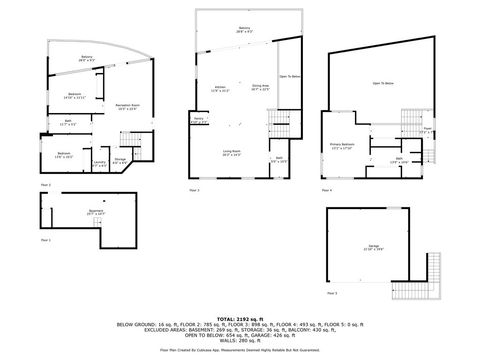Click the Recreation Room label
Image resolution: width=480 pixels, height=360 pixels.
tap(127, 106)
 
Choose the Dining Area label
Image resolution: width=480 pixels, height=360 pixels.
tap(261, 88)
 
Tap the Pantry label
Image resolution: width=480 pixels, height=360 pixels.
tap(199, 119)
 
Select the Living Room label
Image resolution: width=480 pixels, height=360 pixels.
tap(232, 153)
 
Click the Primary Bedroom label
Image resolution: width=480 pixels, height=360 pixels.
tap(344, 146)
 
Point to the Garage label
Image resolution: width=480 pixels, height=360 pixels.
tap(371, 248)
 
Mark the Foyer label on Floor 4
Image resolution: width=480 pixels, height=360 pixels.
tap(427, 130)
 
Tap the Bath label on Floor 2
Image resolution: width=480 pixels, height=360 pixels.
tap(67, 122)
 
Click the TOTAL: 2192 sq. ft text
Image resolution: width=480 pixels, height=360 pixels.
tap(240, 317)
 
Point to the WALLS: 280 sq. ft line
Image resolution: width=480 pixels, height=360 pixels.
tap(240, 337)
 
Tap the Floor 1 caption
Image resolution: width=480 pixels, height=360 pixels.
tap(45, 241)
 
